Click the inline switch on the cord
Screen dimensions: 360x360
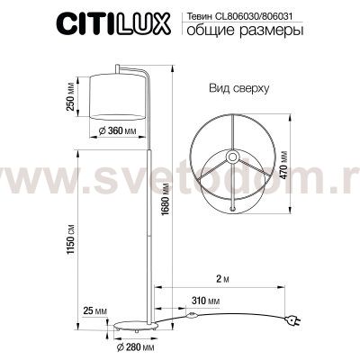[x=191, y=316]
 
